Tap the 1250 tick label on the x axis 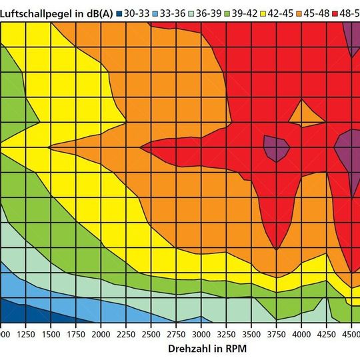tap(25, 333)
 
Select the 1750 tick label tap(75, 333)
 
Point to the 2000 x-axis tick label tap(101, 333)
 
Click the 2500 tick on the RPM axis tap(151, 333)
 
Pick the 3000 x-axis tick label tap(201, 333)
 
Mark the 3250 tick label tap(226, 333)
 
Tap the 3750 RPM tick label tap(276, 333)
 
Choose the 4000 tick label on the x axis tap(301, 333)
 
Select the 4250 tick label tap(326, 333)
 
